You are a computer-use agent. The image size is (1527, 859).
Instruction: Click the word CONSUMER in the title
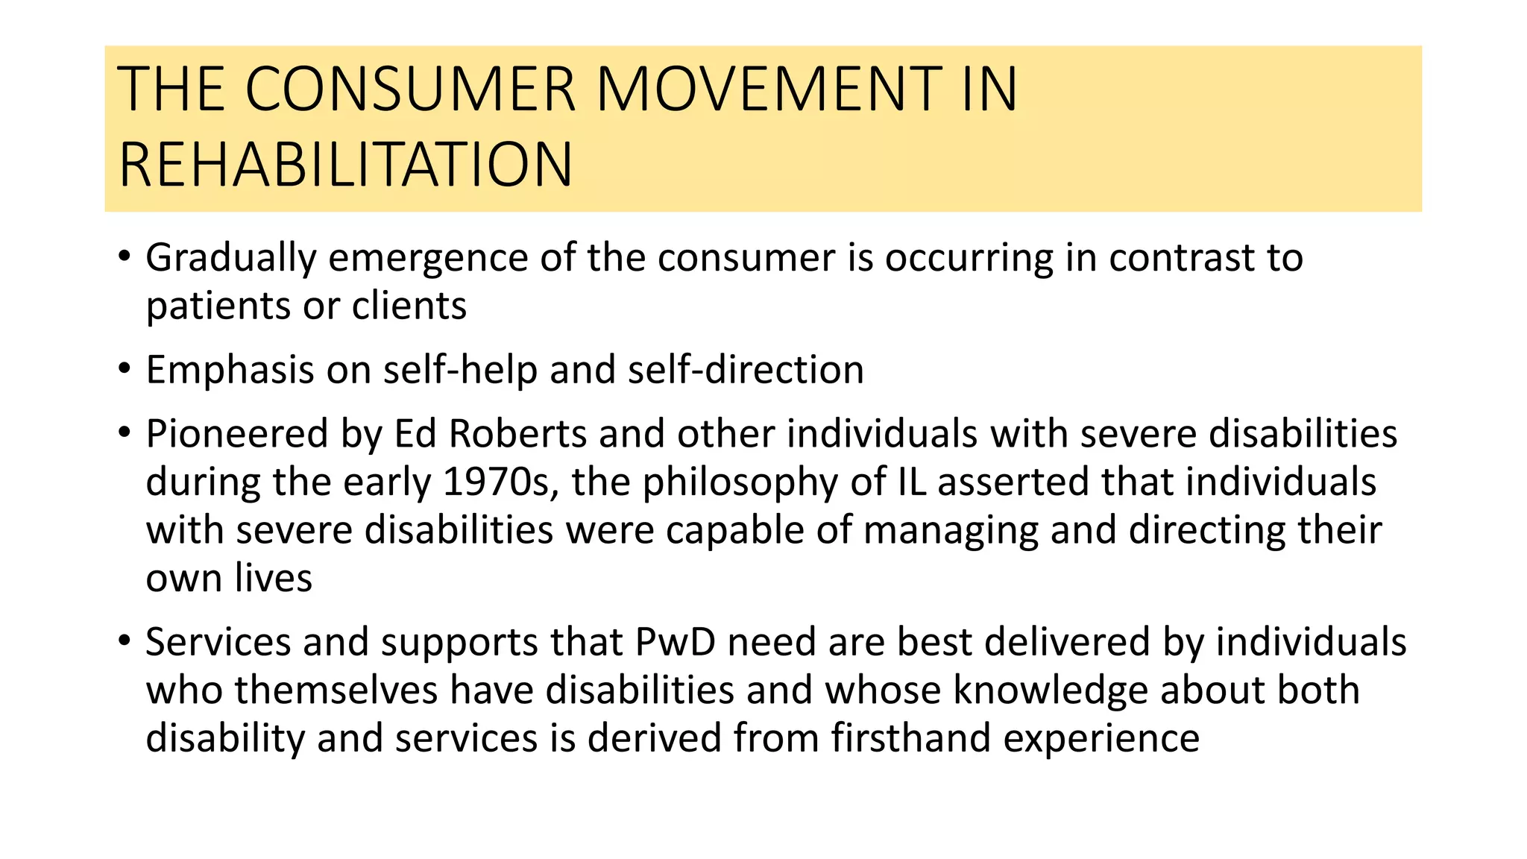tap(410, 89)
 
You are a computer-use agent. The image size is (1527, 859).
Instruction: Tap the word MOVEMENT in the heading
tap(769, 89)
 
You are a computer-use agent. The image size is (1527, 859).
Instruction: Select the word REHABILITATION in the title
tap(346, 165)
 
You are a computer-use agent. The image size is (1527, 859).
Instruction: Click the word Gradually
tap(231, 258)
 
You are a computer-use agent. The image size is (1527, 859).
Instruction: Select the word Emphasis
tap(230, 370)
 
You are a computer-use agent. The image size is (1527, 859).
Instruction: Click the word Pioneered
tap(237, 434)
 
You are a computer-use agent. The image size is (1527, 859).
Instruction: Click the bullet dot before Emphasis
tap(125, 368)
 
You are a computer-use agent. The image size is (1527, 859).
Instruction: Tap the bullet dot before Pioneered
tap(125, 432)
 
